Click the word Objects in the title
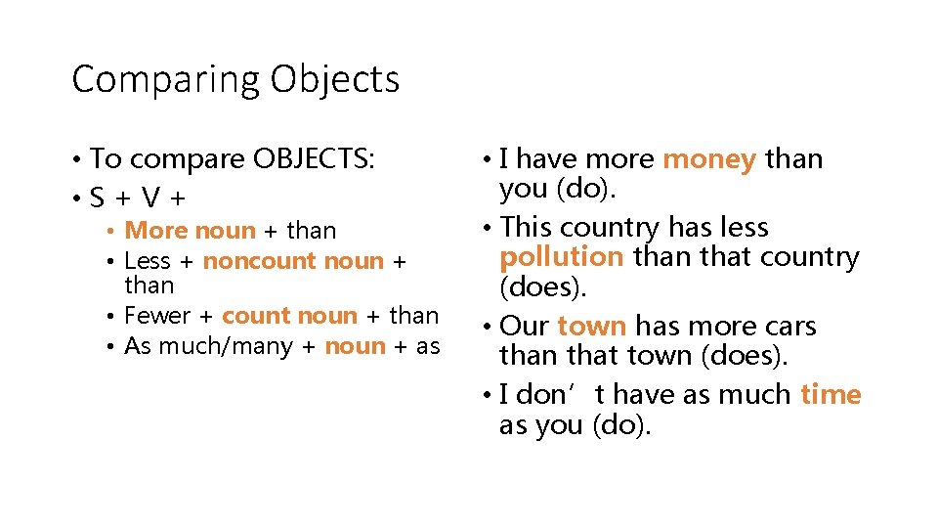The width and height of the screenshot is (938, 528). (x=334, y=80)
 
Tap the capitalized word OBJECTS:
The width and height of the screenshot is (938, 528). (x=314, y=158)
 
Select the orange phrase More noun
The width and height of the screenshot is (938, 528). (x=190, y=231)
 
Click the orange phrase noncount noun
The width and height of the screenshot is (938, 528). (x=293, y=261)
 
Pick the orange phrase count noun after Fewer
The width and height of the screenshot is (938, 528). (x=289, y=316)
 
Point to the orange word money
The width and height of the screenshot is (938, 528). (x=709, y=158)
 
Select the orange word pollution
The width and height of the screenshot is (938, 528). (x=561, y=257)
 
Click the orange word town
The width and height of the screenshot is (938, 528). (x=591, y=326)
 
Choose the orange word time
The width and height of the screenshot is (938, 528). (x=831, y=394)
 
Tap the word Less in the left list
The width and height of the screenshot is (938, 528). (x=148, y=261)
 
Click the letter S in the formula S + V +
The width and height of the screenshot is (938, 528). (x=97, y=198)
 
